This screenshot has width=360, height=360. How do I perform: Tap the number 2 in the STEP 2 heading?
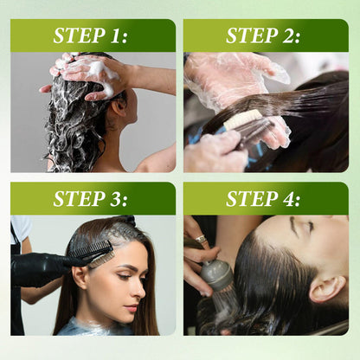[x=294, y=36]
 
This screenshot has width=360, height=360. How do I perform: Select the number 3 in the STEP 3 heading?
[x=121, y=198]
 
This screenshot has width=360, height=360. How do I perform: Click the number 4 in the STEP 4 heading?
[x=294, y=198]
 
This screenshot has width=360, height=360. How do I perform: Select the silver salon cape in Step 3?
[x=95, y=327]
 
